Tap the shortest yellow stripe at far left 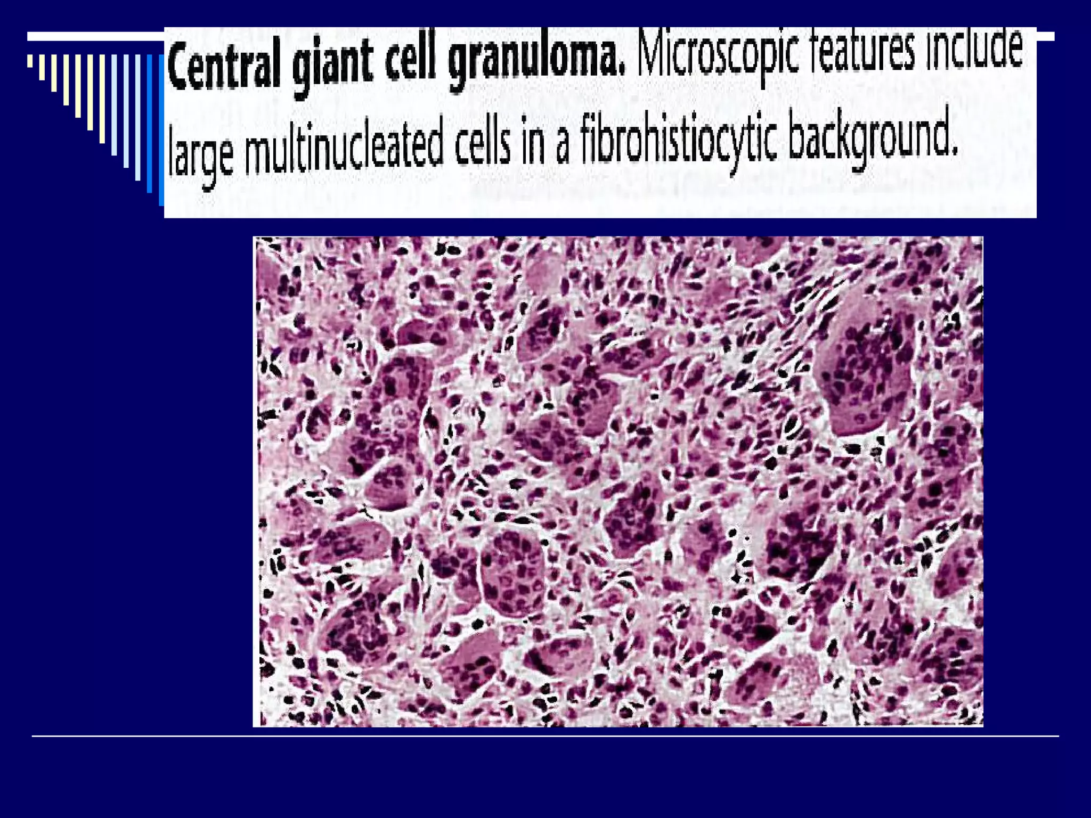point(30,61)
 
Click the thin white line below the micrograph point(545,737)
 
